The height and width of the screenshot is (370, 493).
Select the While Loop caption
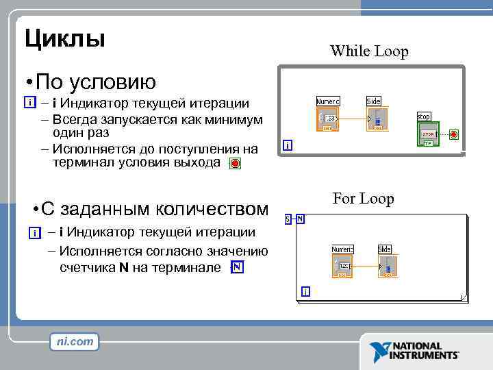click(x=369, y=51)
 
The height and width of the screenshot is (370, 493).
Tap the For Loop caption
click(x=363, y=199)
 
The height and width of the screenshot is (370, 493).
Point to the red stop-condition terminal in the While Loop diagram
click(x=453, y=134)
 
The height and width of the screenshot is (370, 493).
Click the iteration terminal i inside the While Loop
click(x=288, y=145)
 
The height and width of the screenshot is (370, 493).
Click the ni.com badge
click(x=75, y=341)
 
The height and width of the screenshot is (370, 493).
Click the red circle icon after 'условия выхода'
click(x=235, y=164)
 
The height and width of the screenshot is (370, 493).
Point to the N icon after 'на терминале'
click(x=236, y=267)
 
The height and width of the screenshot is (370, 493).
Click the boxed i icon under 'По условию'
click(x=29, y=103)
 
